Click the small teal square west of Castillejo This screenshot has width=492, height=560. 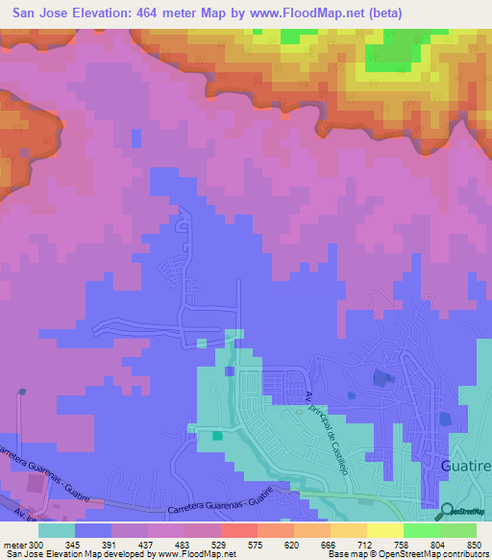[x=217, y=435]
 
